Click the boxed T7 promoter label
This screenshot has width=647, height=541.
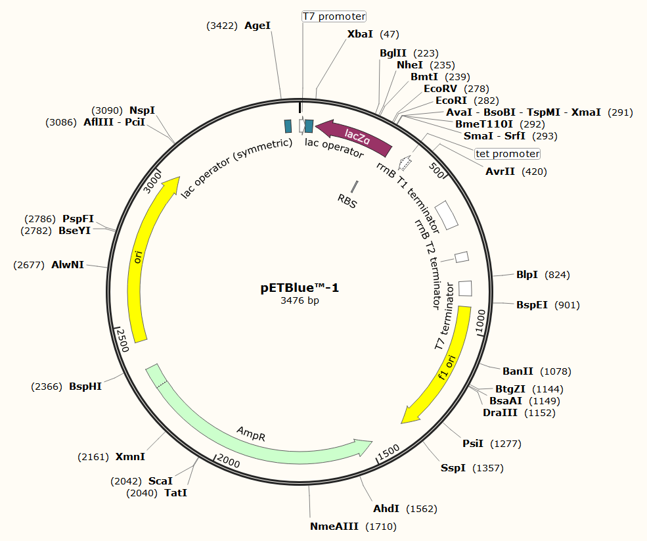point(334,16)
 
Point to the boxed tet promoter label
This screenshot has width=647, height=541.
point(507,154)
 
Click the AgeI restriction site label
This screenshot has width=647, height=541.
point(257,26)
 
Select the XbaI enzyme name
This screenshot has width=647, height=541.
point(360,34)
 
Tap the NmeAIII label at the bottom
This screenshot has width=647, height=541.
point(334,527)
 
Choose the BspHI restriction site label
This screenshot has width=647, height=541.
point(85,387)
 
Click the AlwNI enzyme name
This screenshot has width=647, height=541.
point(68,265)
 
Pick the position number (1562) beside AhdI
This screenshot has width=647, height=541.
point(422,509)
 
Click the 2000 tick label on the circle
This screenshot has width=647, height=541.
point(228,460)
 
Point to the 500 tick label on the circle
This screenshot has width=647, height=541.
point(437,170)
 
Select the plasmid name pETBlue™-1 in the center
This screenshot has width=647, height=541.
point(300,288)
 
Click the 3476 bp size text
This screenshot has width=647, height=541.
point(300,300)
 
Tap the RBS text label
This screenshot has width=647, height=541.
point(347,200)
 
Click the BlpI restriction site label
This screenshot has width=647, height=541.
point(527,275)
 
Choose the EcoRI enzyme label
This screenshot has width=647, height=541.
point(451,101)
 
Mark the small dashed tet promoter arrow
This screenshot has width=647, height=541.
point(405,162)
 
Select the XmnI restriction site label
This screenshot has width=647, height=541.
point(130,457)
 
